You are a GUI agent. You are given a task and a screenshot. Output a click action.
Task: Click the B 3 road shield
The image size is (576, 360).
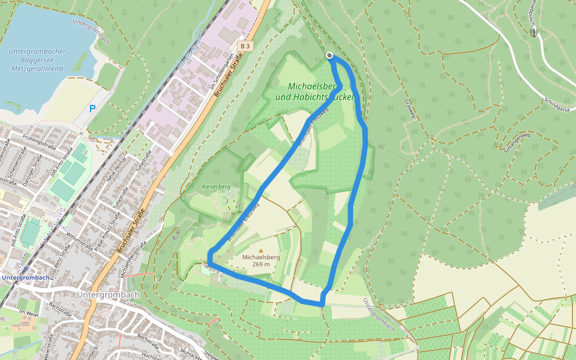(x=245, y=46)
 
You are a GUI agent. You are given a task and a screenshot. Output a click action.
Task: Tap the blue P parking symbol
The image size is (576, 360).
(x=92, y=109)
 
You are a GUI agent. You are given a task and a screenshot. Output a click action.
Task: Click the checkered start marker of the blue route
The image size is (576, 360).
(x=329, y=56)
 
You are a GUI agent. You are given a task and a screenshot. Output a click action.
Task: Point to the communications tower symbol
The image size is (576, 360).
(x=534, y=32)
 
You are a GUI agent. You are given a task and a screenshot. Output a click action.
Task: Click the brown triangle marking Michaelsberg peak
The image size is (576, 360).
(x=260, y=250)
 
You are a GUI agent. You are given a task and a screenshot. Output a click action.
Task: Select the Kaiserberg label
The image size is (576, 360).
(x=217, y=187)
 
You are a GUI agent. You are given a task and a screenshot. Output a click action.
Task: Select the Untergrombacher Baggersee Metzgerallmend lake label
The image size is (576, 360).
(x=37, y=60)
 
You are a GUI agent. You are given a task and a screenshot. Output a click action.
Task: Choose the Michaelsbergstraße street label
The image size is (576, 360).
(x=134, y=259)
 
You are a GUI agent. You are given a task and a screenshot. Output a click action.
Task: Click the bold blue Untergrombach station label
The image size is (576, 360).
(x=25, y=278)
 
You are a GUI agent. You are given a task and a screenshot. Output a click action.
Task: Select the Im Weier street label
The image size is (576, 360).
(x=29, y=313)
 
